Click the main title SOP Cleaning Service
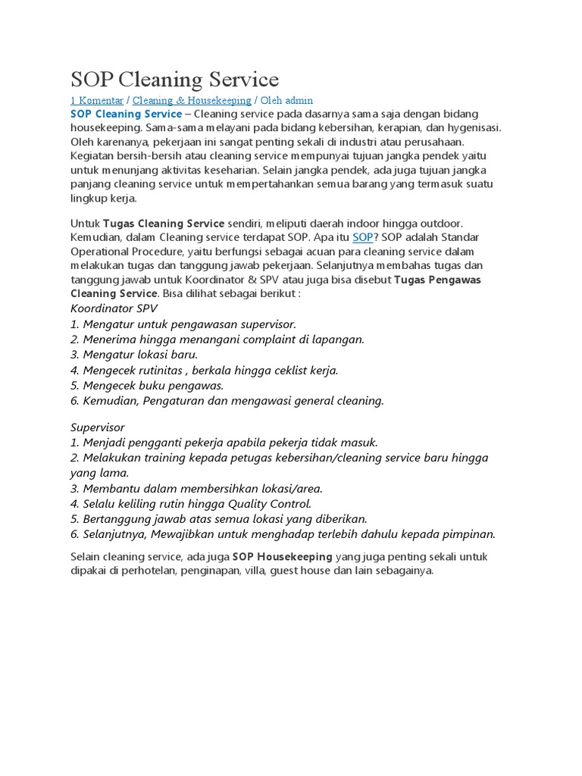point(174,80)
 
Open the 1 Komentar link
point(97,100)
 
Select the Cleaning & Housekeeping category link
point(192,100)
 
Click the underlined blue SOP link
point(363,238)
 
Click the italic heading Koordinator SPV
point(113,309)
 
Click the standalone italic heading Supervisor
point(98,427)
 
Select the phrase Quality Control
point(271,504)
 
